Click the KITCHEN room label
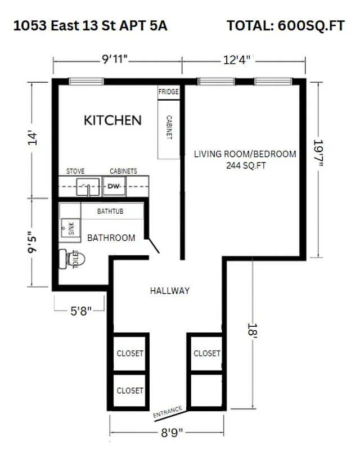pyautogui.click(x=112, y=120)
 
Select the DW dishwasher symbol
pyautogui.click(x=114, y=186)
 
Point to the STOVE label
pyautogui.click(x=75, y=171)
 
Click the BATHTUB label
pyautogui.click(x=110, y=211)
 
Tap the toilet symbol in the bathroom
pyautogui.click(x=73, y=259)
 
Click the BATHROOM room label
pyautogui.click(x=111, y=238)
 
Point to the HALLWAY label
pyautogui.click(x=169, y=291)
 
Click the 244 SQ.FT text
pyautogui.click(x=245, y=165)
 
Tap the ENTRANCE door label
pyautogui.click(x=168, y=412)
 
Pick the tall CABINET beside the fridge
pyautogui.click(x=169, y=129)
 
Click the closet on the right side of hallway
pyautogui.click(x=206, y=353)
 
